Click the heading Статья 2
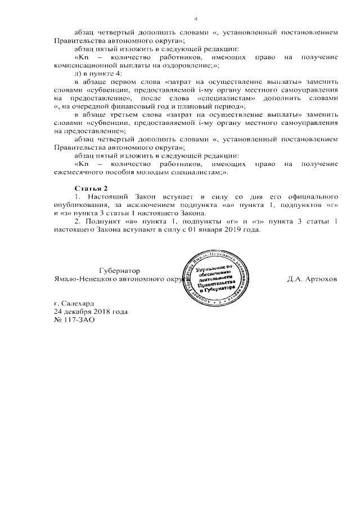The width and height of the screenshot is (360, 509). point(91,186)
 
